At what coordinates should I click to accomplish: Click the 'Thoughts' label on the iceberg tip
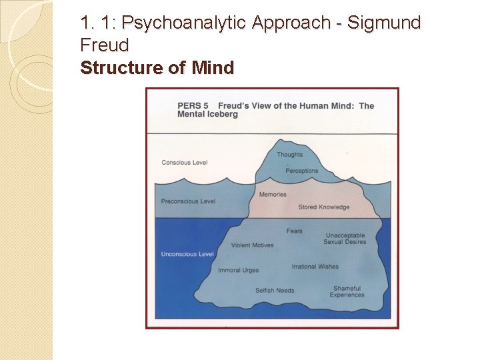pyautogui.click(x=289, y=155)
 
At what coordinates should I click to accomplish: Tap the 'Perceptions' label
pyautogui.click(x=302, y=171)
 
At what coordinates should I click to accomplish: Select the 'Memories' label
pyautogui.click(x=273, y=195)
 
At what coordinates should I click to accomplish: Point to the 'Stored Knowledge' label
pyautogui.click(x=324, y=207)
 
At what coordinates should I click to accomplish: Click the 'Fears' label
pyautogui.click(x=294, y=231)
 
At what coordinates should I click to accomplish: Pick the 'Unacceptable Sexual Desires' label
pyautogui.click(x=345, y=239)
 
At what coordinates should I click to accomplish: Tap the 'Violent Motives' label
pyautogui.click(x=252, y=245)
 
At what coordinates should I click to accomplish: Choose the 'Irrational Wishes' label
pyautogui.click(x=315, y=267)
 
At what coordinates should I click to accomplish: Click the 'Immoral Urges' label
pyautogui.click(x=238, y=270)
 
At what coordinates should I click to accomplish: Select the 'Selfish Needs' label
pyautogui.click(x=275, y=291)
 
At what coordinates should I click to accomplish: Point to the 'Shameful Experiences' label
pyautogui.click(x=347, y=291)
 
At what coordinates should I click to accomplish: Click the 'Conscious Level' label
pyautogui.click(x=185, y=163)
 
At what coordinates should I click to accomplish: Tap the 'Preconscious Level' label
pyautogui.click(x=188, y=201)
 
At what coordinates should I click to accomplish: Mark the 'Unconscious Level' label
pyautogui.click(x=187, y=254)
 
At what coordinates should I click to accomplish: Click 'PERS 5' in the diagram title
pyautogui.click(x=193, y=106)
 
